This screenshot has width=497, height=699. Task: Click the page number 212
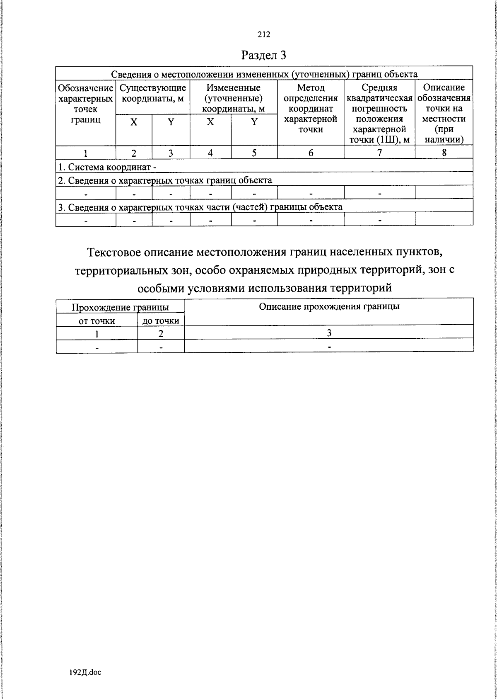[264, 35]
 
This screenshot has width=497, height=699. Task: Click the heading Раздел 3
[264, 55]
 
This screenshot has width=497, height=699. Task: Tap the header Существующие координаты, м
[153, 93]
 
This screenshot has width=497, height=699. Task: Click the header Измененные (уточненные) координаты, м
[234, 98]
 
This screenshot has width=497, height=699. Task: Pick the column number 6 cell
[311, 153]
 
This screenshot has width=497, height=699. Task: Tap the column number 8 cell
[444, 152]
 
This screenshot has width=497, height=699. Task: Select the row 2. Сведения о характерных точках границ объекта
[165, 180]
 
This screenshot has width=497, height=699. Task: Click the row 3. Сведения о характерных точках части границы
[200, 207]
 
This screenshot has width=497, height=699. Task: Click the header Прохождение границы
[120, 307]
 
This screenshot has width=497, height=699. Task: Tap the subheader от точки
[97, 320]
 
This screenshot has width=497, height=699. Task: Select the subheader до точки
[161, 320]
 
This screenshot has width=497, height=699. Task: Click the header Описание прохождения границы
[329, 306]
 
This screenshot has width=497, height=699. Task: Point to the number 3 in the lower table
[329, 333]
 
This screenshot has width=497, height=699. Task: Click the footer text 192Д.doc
[85, 672]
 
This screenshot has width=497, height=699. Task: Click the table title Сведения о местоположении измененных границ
[264, 74]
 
